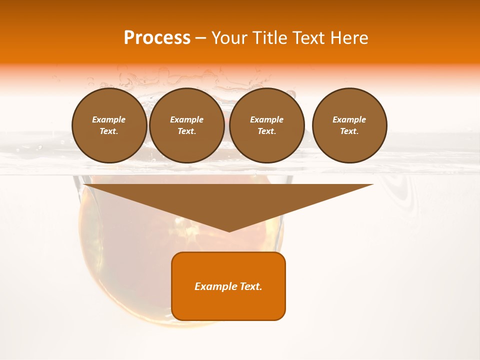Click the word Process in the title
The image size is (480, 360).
coord(157,38)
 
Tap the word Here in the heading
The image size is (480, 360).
coord(349,38)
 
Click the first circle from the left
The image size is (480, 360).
coord(109,125)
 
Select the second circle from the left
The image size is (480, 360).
coord(186,125)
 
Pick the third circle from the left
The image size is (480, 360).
coord(266,125)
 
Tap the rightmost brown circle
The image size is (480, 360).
coord(349,125)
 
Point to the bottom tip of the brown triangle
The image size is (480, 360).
coord(229,231)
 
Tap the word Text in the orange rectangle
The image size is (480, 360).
coord(250,286)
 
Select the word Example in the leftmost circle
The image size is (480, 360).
coord(109,119)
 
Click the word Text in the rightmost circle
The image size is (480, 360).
coord(349,131)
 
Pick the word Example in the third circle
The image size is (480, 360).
coord(266,119)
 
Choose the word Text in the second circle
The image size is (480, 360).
coord(186,131)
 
